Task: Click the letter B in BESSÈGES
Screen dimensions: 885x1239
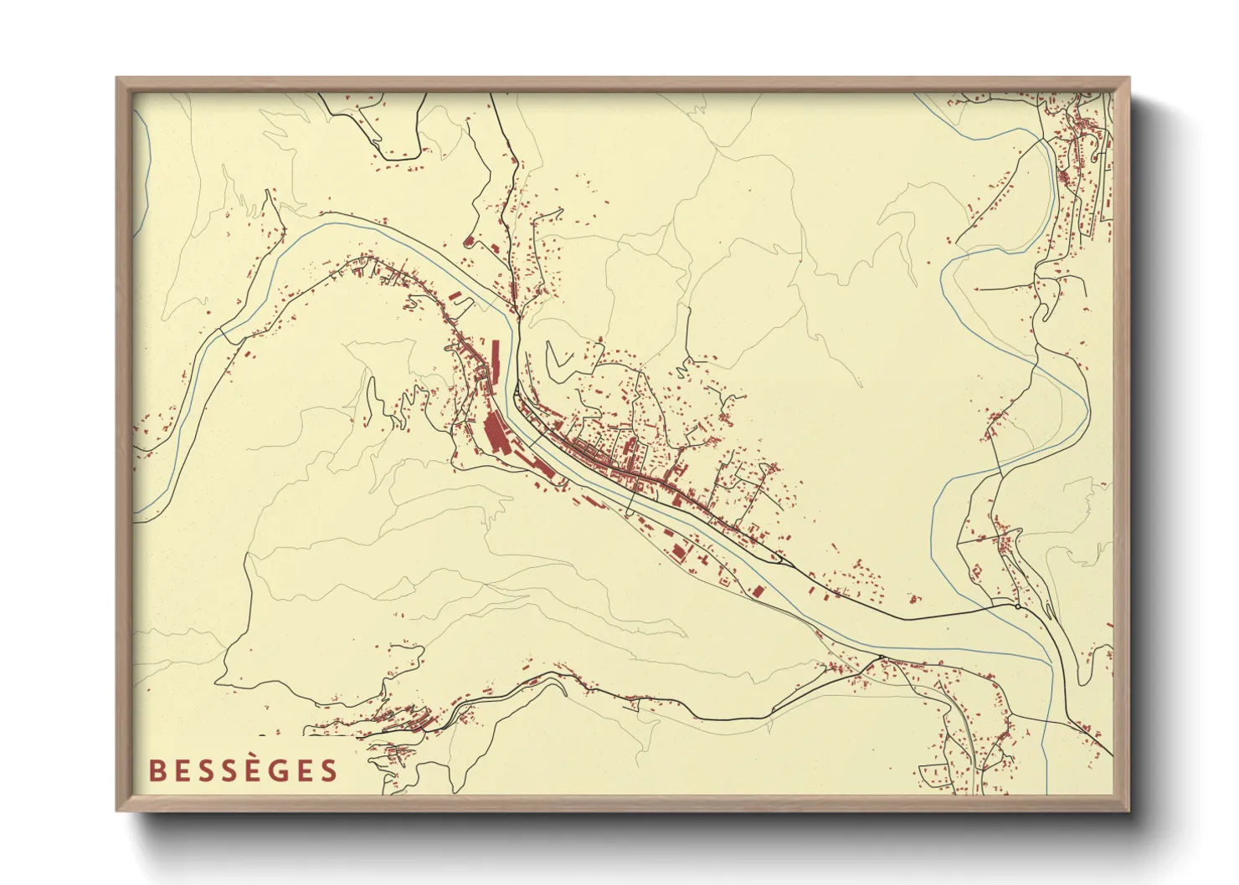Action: coord(157,770)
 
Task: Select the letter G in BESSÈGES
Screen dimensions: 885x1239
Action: coord(280,770)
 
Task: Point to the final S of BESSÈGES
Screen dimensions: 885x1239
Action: coord(327,770)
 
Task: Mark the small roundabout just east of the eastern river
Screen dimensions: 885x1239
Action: coord(1017,606)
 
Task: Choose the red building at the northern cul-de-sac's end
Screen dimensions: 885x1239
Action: coord(469,243)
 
